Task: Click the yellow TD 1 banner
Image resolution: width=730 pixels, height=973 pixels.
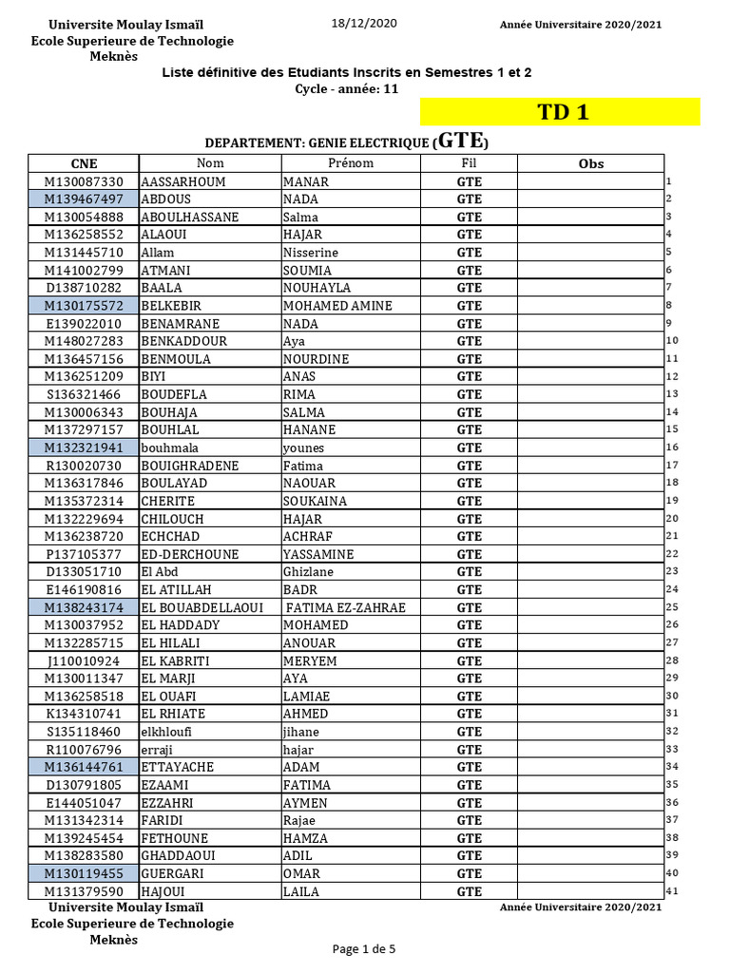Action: coord(561,112)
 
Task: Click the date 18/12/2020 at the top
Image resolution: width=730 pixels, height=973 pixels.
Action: coord(364,24)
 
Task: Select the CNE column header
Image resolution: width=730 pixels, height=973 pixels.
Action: coord(84,163)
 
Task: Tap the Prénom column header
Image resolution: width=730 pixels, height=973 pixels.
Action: coord(351,163)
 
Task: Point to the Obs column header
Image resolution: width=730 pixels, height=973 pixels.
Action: coord(590,163)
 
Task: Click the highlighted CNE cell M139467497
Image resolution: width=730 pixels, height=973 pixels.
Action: coord(84,200)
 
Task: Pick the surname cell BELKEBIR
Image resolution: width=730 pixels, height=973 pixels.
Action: coord(173,306)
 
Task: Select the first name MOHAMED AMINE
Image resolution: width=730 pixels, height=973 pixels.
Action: coord(324,306)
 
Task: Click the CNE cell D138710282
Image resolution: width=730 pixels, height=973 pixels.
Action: coord(84,288)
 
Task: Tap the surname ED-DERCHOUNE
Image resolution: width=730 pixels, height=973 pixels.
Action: coord(190,554)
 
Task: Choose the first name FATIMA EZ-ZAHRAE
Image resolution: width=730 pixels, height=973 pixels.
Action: coord(345,607)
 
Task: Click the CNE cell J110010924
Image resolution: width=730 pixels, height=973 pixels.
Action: coord(84,660)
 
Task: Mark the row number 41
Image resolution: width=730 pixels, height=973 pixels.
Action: coord(671,891)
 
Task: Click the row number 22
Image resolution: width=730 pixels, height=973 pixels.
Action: coord(671,554)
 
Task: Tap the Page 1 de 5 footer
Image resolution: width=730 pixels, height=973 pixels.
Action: coord(364,948)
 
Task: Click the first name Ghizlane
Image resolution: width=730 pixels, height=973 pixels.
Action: coord(310,572)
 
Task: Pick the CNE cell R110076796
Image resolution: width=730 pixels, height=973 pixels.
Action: coord(84,750)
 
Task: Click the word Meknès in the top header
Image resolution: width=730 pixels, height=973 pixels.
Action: coord(113,56)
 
